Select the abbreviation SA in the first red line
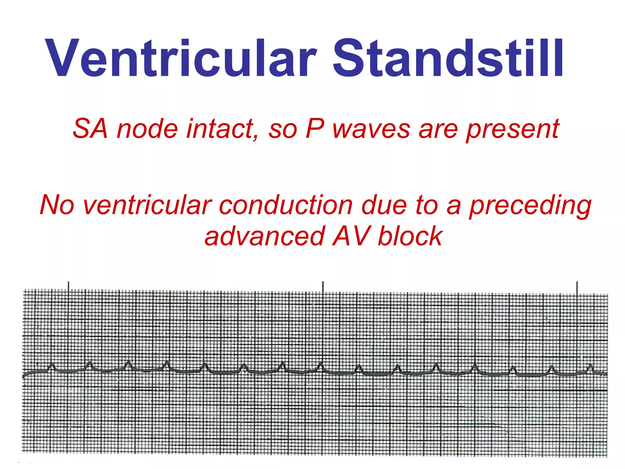(x=90, y=129)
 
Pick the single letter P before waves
(x=314, y=129)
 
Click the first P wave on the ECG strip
(x=52, y=366)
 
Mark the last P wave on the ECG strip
(x=590, y=367)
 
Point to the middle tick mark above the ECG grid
(x=323, y=287)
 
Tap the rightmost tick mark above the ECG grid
(x=577, y=288)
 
